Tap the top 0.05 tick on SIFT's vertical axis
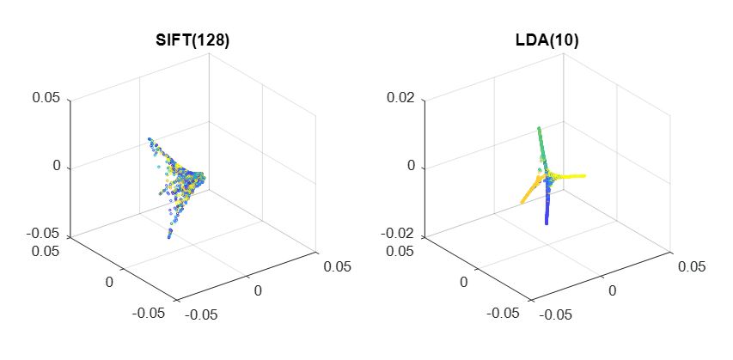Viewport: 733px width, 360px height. (46, 98)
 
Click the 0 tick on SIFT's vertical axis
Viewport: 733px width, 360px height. (57, 166)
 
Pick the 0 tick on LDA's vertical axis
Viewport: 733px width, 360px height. (411, 166)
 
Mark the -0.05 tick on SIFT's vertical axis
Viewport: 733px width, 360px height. (44, 234)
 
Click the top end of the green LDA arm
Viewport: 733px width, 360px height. (539, 129)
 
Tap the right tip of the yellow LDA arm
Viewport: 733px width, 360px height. (585, 176)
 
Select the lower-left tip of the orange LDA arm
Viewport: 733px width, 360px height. (522, 203)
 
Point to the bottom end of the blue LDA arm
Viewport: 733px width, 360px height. (547, 223)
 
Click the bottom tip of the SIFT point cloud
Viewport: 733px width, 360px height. (168, 237)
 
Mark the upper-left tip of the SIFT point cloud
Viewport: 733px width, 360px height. (149, 138)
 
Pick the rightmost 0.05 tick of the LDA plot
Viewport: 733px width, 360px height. (690, 266)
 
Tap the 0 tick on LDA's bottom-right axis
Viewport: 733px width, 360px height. (612, 291)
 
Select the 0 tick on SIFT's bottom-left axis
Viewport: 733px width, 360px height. (109, 282)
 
